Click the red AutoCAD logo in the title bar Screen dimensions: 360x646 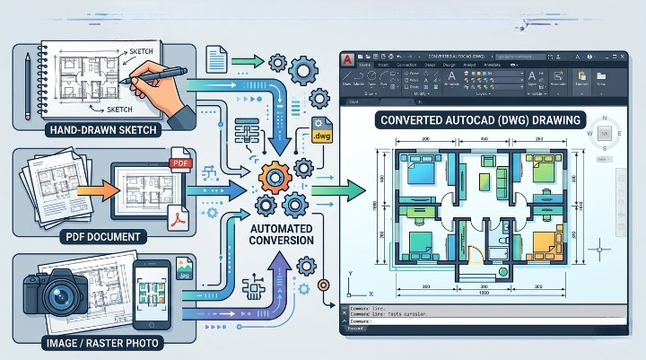coord(348,59)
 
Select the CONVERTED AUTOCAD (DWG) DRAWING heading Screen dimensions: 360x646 coord(480,119)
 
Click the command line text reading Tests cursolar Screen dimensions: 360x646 coord(406,315)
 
